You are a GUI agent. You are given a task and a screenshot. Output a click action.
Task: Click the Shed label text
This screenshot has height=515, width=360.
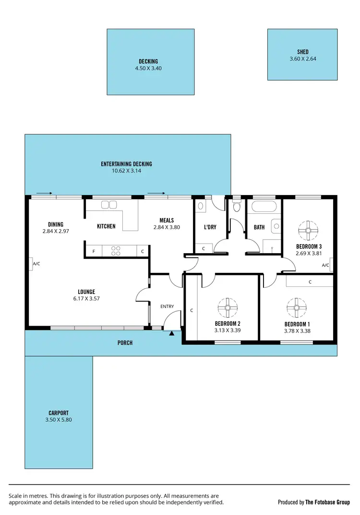point(302,52)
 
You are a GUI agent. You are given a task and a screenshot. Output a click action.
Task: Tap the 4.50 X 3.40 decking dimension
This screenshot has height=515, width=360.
point(148,69)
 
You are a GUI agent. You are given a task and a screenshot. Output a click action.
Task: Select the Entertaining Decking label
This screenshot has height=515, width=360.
point(126,164)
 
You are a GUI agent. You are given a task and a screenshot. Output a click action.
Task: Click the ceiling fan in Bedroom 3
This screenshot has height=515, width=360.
point(306,230)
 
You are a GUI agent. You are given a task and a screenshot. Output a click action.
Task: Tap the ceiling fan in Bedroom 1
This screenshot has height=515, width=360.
point(293,307)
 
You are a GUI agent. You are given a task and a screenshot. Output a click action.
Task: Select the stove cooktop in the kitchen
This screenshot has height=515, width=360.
point(116,250)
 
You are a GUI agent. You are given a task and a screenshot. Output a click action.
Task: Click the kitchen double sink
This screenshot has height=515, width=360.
point(109,205)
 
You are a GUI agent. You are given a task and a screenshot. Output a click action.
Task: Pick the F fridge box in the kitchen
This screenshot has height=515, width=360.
point(93,251)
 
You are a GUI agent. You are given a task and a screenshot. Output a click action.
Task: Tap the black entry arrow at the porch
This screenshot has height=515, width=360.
point(172,331)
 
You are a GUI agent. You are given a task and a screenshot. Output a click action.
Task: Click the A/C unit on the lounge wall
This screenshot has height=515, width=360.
point(30,264)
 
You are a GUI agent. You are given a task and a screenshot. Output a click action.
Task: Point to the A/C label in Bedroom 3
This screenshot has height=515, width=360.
point(325,265)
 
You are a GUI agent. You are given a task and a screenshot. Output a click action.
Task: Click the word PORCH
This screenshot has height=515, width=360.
point(125,343)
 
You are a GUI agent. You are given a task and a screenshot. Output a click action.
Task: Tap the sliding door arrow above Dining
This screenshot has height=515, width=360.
point(44,194)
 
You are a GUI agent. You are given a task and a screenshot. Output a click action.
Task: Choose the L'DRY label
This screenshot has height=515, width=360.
point(210,227)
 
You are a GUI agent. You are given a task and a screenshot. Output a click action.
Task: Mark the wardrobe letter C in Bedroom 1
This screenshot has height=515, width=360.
point(310,282)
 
